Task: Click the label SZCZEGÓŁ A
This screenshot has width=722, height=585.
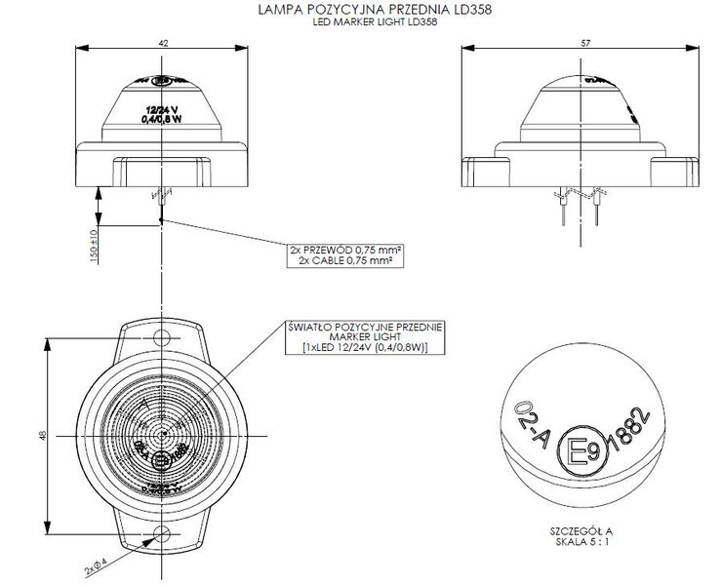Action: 583,532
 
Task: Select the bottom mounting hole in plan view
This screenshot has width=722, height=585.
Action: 163,535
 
